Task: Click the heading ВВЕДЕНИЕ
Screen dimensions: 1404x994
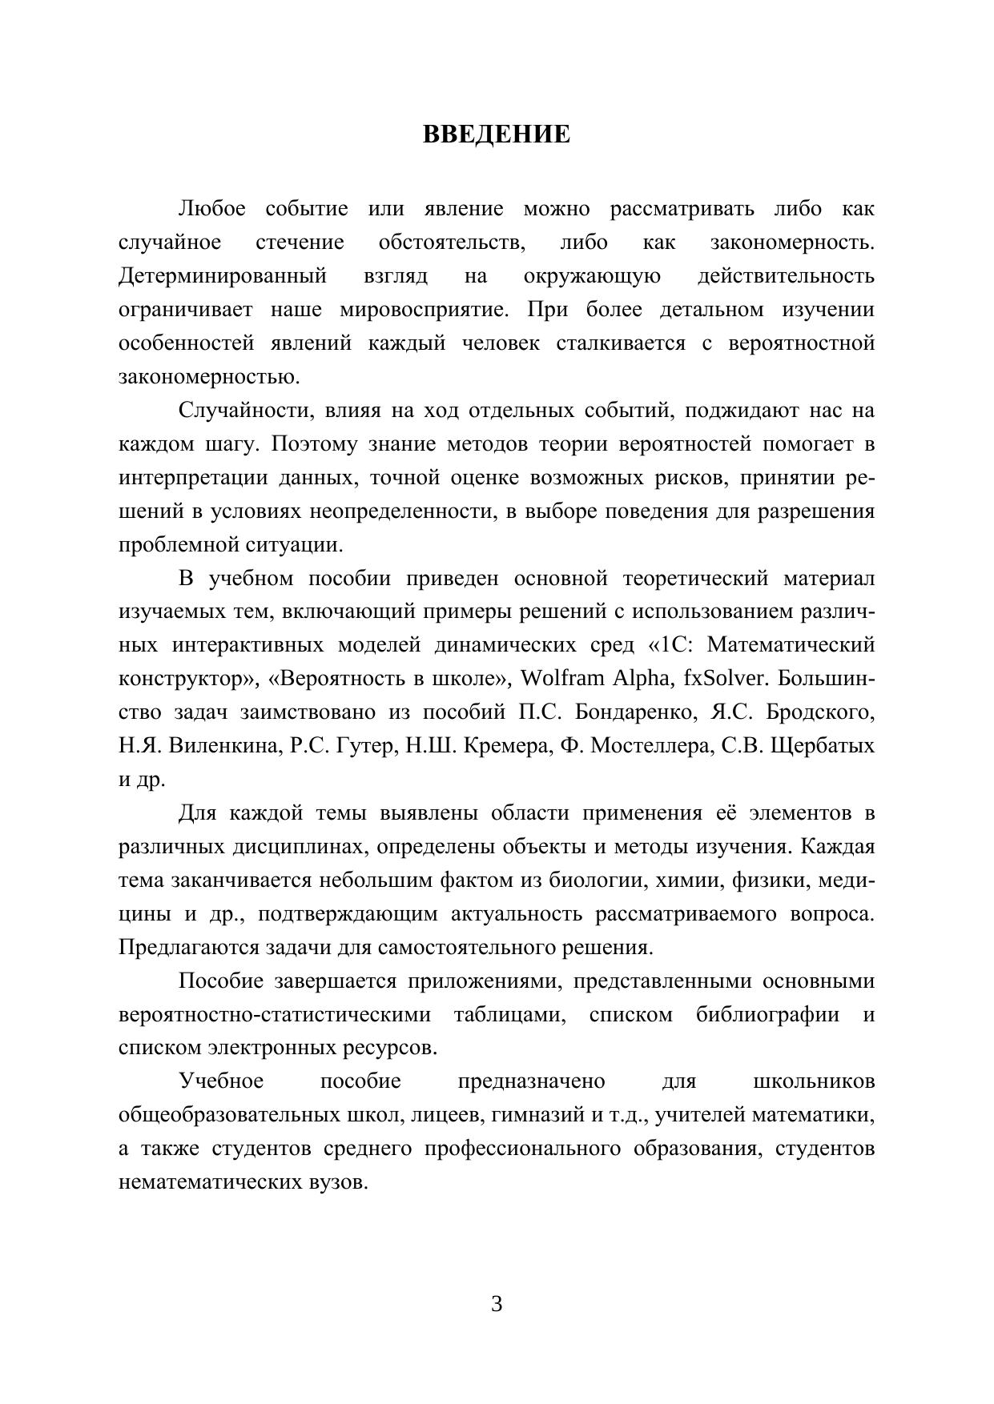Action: pos(497,134)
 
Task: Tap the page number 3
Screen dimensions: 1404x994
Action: pos(497,1304)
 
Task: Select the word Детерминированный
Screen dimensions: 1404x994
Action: pos(223,277)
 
